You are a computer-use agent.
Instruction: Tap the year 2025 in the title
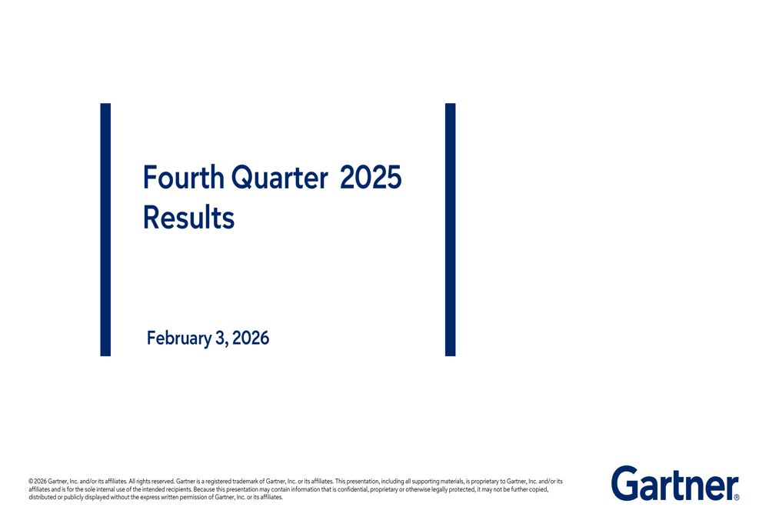click(x=371, y=178)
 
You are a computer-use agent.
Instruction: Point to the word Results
click(x=188, y=218)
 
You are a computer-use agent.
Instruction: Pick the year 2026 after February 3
click(x=251, y=338)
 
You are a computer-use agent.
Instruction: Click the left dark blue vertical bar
click(x=105, y=229)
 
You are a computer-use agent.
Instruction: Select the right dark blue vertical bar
click(x=450, y=229)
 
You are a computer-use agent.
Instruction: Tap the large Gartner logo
click(x=674, y=483)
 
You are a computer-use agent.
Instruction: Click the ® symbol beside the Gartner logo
click(x=737, y=498)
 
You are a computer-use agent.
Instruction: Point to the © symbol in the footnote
click(x=31, y=482)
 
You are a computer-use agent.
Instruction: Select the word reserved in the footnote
click(x=162, y=482)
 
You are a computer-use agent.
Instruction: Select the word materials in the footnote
click(x=448, y=482)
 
